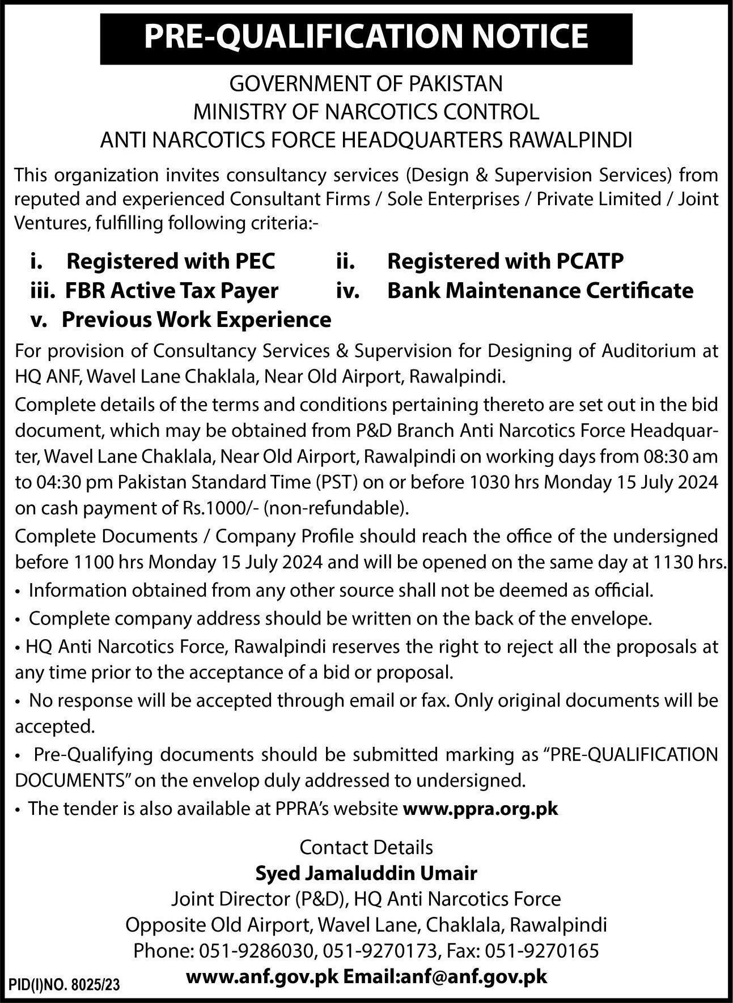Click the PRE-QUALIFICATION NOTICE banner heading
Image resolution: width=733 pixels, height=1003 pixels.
point(366,37)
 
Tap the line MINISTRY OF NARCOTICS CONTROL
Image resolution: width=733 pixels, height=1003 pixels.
point(366,112)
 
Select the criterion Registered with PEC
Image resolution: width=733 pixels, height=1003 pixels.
point(171,261)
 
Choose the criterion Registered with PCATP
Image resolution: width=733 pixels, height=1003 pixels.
point(505,261)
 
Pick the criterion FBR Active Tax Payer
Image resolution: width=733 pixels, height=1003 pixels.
point(171,291)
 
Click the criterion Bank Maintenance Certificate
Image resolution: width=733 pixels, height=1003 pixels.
point(540,291)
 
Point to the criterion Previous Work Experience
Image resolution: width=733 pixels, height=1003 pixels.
point(196,320)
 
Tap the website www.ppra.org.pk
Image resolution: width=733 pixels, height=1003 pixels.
point(480,809)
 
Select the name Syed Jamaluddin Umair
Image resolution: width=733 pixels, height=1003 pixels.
point(366,873)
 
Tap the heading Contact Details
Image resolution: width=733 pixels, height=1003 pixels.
point(366,847)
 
